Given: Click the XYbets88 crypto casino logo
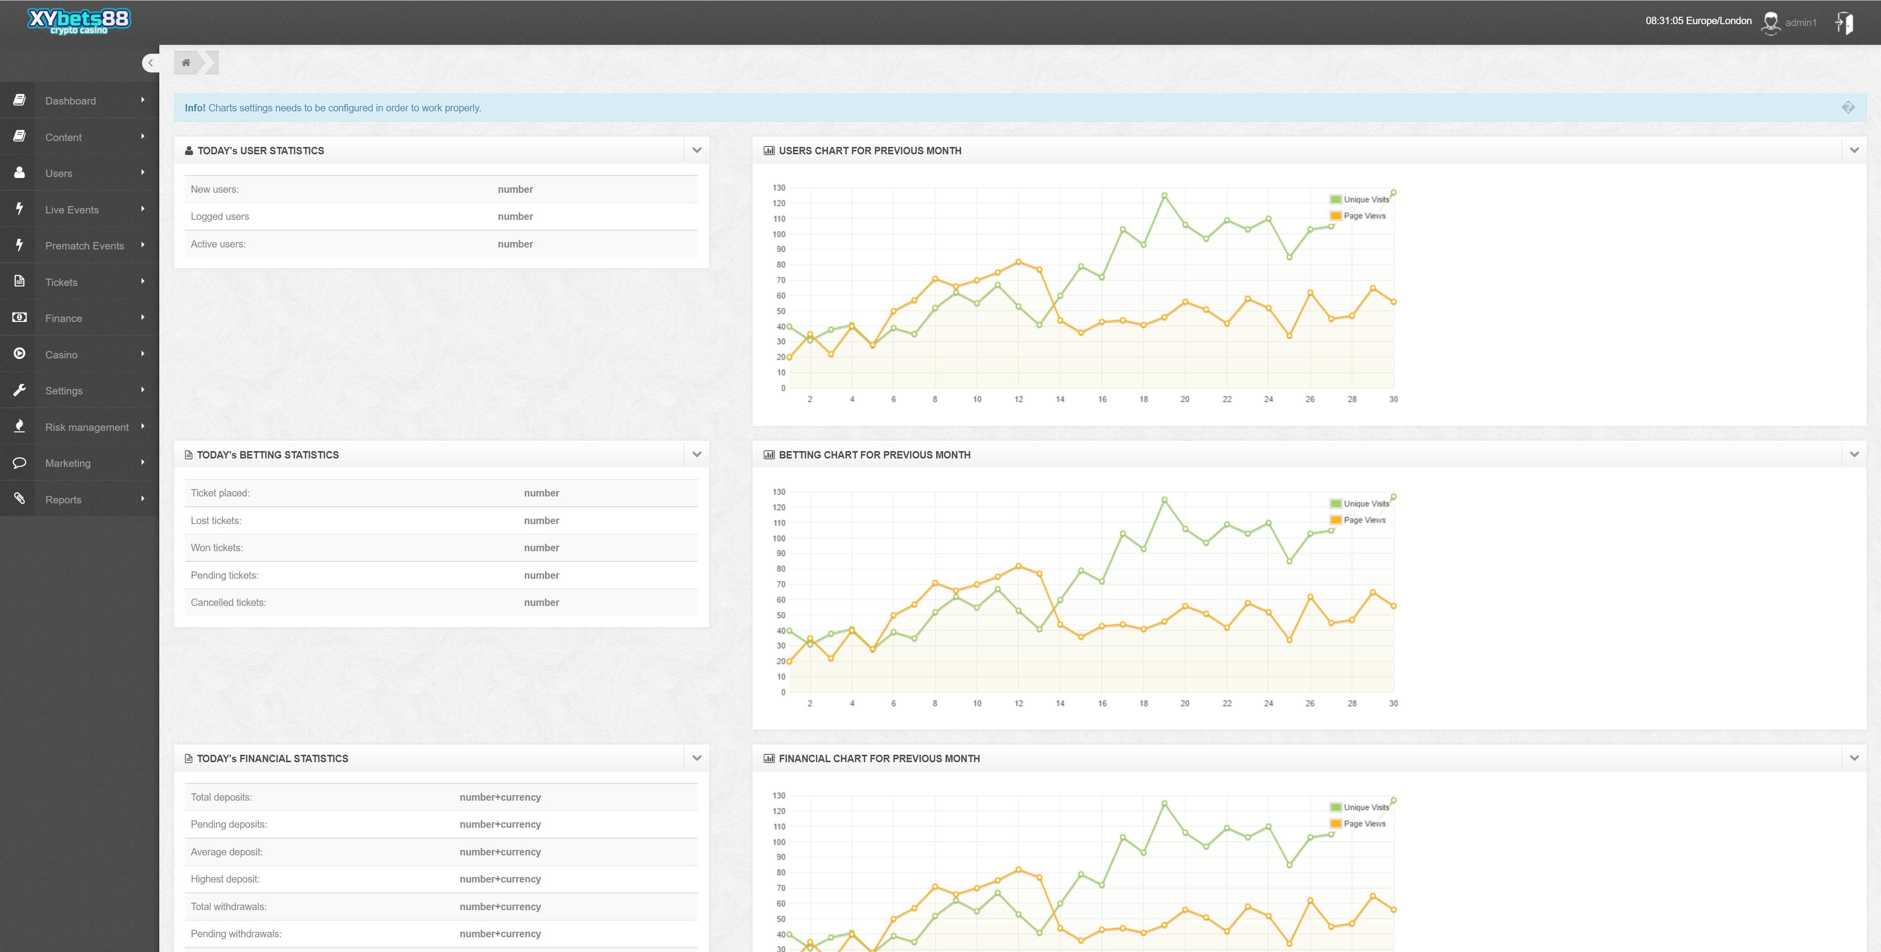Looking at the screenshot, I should pos(79,21).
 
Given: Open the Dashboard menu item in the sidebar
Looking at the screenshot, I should pos(70,101).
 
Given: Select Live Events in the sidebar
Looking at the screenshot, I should pos(72,210).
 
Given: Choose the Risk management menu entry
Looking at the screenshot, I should pos(86,427).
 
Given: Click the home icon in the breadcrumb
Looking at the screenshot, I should pos(186,63).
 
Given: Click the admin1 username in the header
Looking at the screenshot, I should pos(1800,23).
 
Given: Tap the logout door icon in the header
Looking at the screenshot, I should pos(1845,23).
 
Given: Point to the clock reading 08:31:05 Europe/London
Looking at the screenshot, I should pos(1698,20).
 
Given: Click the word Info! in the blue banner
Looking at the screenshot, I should pos(195,108).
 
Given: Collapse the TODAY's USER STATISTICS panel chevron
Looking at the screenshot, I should pos(696,150).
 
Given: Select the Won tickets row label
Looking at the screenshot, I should pos(217,548).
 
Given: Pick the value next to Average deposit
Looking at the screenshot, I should pos(500,852).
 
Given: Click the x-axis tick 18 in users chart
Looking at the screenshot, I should pos(1144,399).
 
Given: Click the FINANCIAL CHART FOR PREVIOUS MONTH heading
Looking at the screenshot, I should pos(879,759).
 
